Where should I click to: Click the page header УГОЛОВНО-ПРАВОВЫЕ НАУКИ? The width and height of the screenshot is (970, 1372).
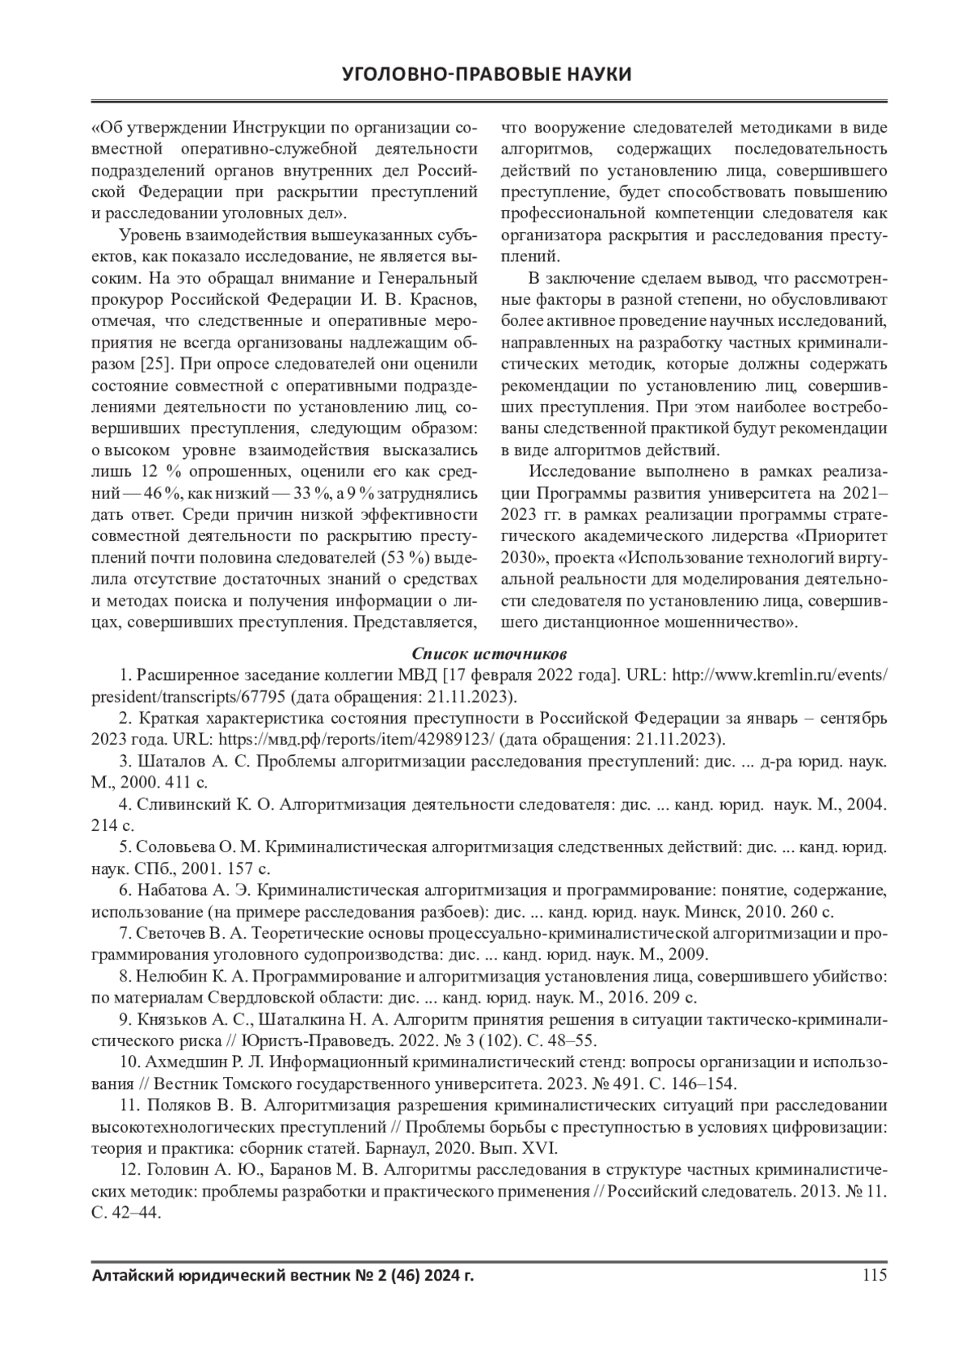click(x=486, y=74)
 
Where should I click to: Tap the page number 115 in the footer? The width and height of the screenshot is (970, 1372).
click(x=875, y=1276)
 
